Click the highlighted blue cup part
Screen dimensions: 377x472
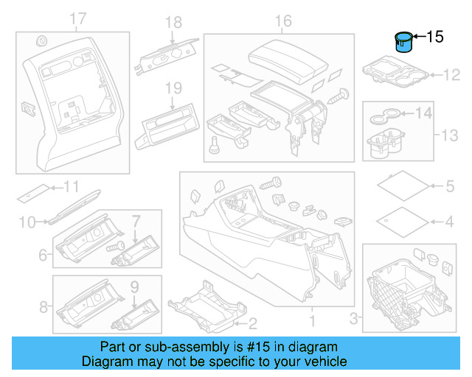click(404, 43)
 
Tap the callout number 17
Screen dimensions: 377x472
click(77, 19)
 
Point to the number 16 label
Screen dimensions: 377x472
click(283, 21)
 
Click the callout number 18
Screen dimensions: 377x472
click(173, 23)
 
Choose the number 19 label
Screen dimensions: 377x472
click(173, 88)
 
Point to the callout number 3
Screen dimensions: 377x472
click(353, 317)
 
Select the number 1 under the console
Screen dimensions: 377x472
click(310, 321)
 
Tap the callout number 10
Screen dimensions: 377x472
click(27, 221)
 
